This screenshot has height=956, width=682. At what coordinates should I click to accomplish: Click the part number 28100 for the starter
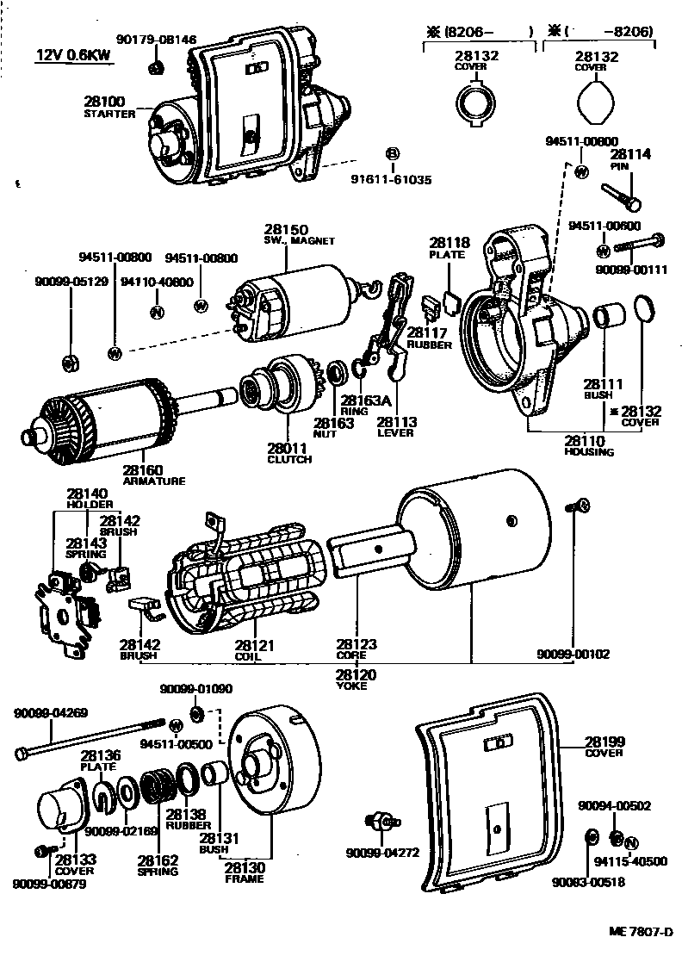[x=104, y=101]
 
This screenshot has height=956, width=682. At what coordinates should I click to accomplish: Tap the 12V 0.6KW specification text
[x=73, y=56]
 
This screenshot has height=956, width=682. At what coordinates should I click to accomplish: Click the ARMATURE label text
[x=153, y=481]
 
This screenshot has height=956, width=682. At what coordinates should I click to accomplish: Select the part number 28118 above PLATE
[x=449, y=244]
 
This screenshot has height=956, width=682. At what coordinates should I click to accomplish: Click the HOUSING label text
[x=589, y=452]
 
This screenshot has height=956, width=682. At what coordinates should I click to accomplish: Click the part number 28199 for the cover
[x=605, y=741]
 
